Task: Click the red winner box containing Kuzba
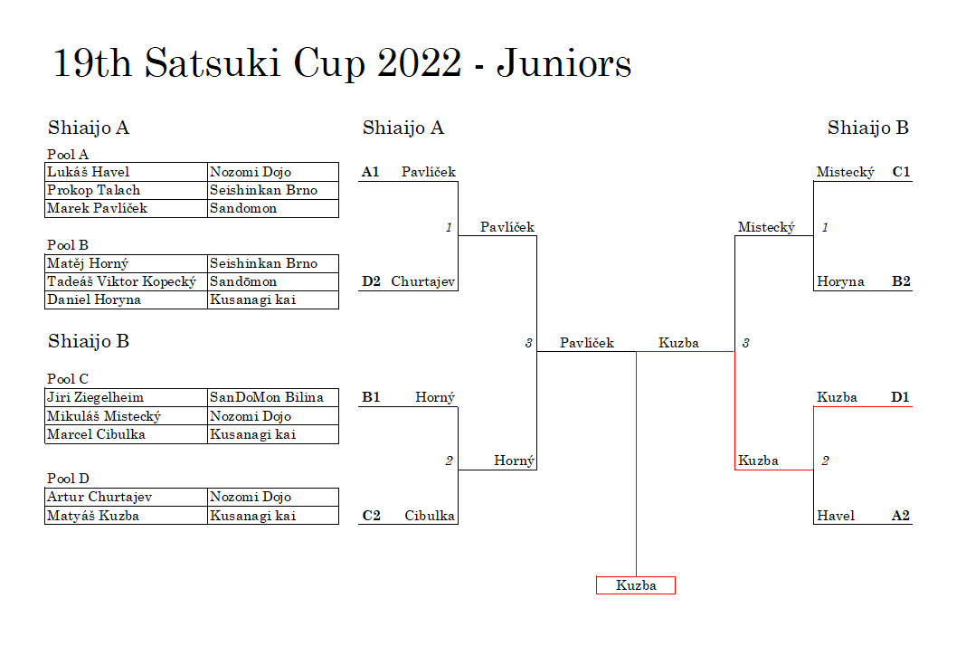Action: coord(636,585)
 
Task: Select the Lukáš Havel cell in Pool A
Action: coord(127,172)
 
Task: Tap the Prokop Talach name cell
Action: coord(127,190)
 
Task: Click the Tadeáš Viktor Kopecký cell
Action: coord(127,281)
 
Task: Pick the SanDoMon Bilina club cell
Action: coord(273,397)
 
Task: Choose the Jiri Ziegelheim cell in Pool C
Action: coord(127,397)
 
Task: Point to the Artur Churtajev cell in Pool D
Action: coord(127,498)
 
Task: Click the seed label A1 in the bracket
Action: coord(370,172)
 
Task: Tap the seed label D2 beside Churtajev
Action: coord(371,281)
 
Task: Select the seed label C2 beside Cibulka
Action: coord(372,516)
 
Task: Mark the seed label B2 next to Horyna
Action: coord(901,281)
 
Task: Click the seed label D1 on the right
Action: coord(900,397)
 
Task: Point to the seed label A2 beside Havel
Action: coord(901,516)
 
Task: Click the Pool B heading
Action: coord(68,244)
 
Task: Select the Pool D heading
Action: coord(68,479)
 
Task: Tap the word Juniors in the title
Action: coord(564,62)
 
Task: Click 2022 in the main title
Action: coord(420,62)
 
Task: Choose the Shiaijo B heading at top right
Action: coord(868,128)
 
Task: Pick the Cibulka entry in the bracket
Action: coord(430,516)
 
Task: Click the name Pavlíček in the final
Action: coord(586,343)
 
